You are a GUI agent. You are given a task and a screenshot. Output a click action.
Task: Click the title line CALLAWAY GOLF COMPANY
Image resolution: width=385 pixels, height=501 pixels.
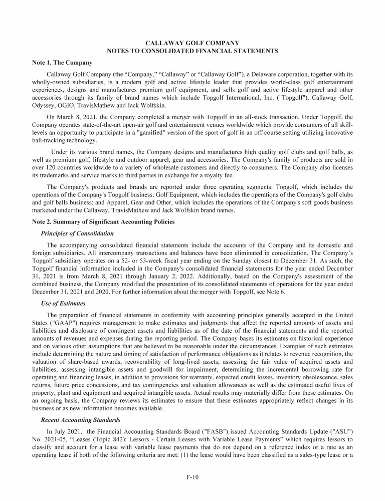pyautogui.click(x=192, y=43)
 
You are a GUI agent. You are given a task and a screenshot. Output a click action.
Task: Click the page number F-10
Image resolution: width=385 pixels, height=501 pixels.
pyautogui.click(x=192, y=477)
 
